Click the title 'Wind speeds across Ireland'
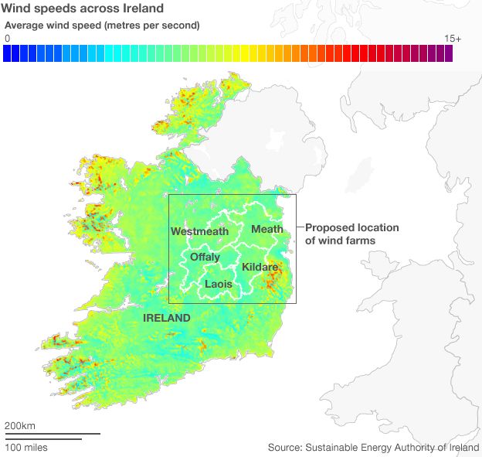[x=83, y=9]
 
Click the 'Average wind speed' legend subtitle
[x=102, y=26]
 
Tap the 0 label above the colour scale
[x=7, y=38]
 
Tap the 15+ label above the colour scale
[x=453, y=38]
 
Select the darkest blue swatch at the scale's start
[x=7, y=53]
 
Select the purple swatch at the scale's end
[x=448, y=53]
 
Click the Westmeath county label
[x=199, y=231]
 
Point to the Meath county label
[x=266, y=229]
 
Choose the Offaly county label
[x=205, y=257]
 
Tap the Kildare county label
[x=260, y=267]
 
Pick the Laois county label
[x=218, y=285]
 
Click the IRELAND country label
[x=166, y=318]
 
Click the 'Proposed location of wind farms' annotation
[x=351, y=234]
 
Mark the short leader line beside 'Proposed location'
[x=300, y=227]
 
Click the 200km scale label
[x=20, y=425]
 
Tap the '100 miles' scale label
[x=26, y=447]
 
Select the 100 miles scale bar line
[x=42, y=438]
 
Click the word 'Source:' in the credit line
[x=285, y=447]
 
